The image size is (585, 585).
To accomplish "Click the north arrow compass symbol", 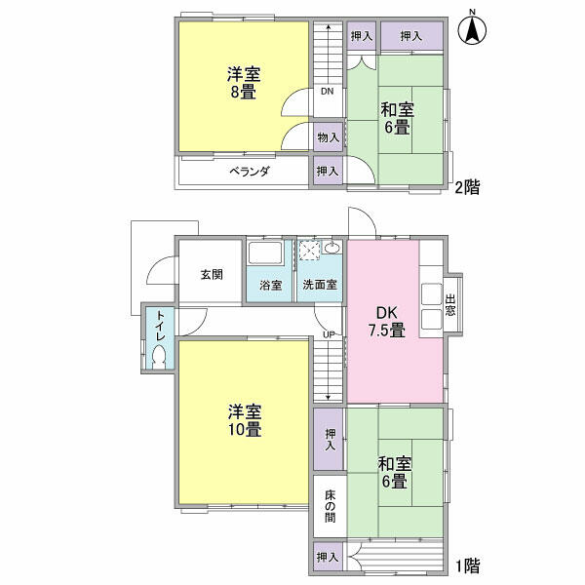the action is [x=472, y=29].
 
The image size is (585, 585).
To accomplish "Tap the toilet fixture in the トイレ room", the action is [x=159, y=357].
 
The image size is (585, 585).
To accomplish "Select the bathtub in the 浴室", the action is [x=265, y=253].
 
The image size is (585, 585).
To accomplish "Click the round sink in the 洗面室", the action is [x=331, y=248].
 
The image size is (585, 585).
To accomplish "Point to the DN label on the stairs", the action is [x=328, y=91].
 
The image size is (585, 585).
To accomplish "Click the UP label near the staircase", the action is [x=329, y=334].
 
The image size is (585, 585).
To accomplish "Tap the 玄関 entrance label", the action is [x=212, y=275].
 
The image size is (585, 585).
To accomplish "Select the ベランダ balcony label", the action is [x=250, y=172].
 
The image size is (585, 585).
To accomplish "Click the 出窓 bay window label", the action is [x=450, y=305].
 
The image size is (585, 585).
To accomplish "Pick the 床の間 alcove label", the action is [x=331, y=506].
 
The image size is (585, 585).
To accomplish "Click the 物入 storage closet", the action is [x=328, y=136].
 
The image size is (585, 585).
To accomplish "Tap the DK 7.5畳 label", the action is [x=387, y=322].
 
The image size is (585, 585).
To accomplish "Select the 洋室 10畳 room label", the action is [x=245, y=420].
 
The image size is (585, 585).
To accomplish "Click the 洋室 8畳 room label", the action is [x=244, y=83].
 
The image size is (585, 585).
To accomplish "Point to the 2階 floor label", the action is [x=467, y=187].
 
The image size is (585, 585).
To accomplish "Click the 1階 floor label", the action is [x=468, y=565].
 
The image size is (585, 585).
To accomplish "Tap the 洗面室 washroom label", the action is [x=320, y=285].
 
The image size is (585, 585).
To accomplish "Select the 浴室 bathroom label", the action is [x=270, y=286].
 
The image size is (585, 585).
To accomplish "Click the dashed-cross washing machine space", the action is [x=310, y=250].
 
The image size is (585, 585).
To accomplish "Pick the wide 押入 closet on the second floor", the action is [x=411, y=35].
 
